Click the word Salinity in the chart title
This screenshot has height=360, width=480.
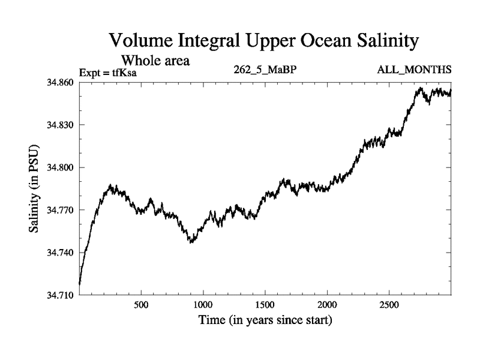tap(379, 42)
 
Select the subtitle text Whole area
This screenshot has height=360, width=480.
tap(155, 60)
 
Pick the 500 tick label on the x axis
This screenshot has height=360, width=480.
tap(141, 304)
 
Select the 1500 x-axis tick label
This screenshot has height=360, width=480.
tap(265, 304)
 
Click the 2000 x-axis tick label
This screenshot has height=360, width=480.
tap(327, 304)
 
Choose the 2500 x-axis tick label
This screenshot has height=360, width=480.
tap(389, 304)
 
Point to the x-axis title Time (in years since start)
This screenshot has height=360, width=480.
tap(265, 320)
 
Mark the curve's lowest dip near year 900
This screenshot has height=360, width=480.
tap(191, 241)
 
